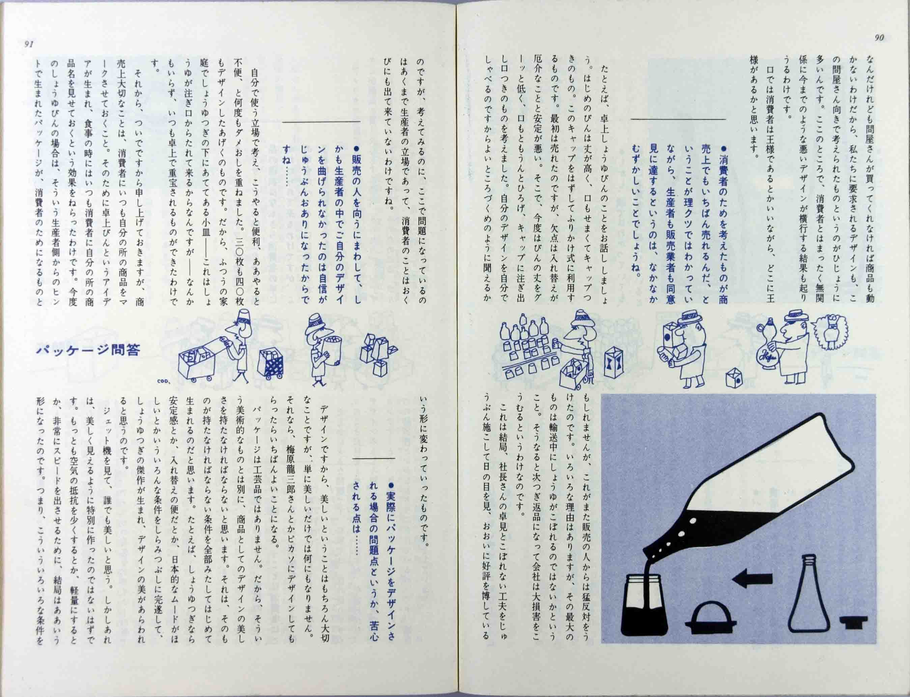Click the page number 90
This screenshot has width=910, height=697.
(x=879, y=38)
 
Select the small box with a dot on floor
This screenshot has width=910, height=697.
(x=734, y=378)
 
